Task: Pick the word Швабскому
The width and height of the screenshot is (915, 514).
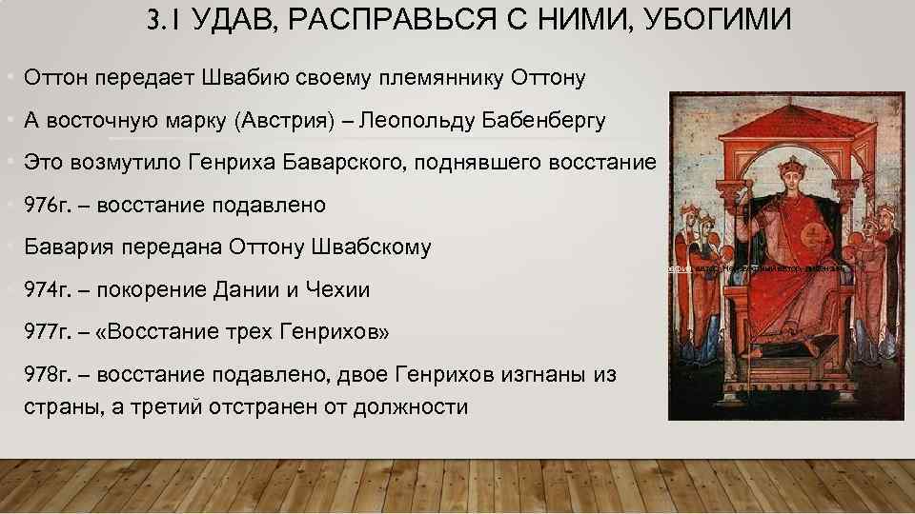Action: point(371,247)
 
